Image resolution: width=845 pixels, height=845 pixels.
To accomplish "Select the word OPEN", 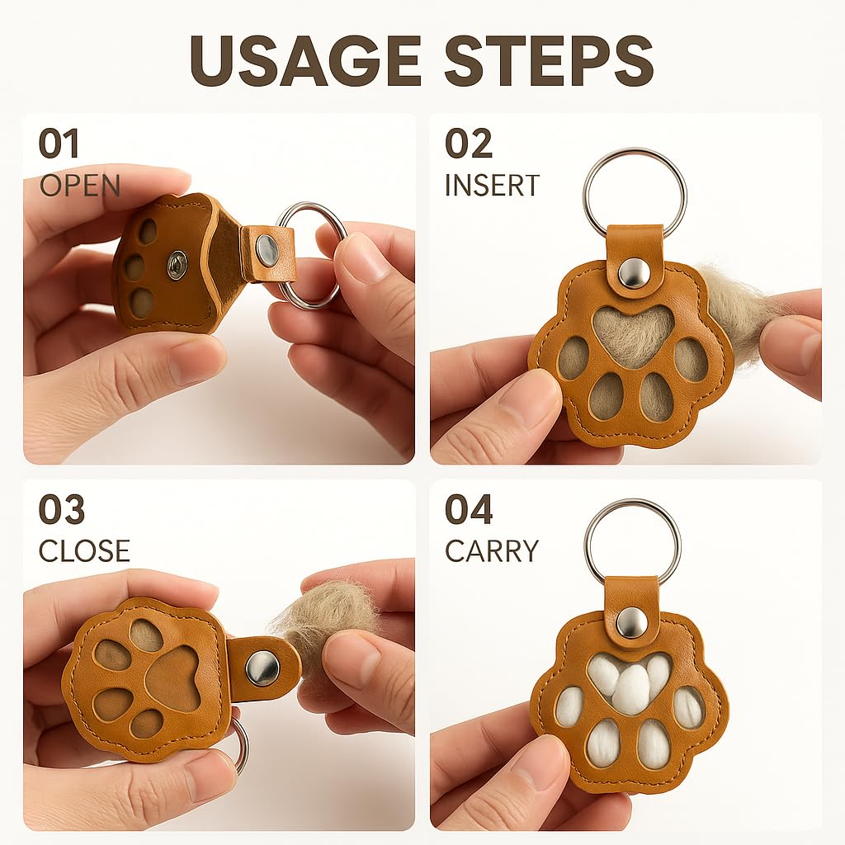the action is (x=80, y=186).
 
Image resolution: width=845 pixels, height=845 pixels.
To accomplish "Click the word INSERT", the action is (x=492, y=186).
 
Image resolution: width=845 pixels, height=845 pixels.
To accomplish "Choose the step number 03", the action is (x=61, y=509).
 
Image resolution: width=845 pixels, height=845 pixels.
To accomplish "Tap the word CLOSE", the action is (x=84, y=550).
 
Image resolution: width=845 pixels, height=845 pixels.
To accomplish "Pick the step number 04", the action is (x=469, y=509).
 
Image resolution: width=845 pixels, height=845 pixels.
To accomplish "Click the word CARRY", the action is (x=492, y=550).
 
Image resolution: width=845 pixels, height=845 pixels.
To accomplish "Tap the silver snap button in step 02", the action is (x=632, y=274).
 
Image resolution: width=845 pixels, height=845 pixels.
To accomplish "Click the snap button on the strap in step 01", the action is (x=267, y=248).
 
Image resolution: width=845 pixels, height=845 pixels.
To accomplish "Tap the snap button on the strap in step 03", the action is (x=262, y=668).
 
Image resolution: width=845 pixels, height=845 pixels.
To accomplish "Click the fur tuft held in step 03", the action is (x=318, y=611).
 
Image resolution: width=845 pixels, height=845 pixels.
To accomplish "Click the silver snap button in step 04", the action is (x=630, y=621).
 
